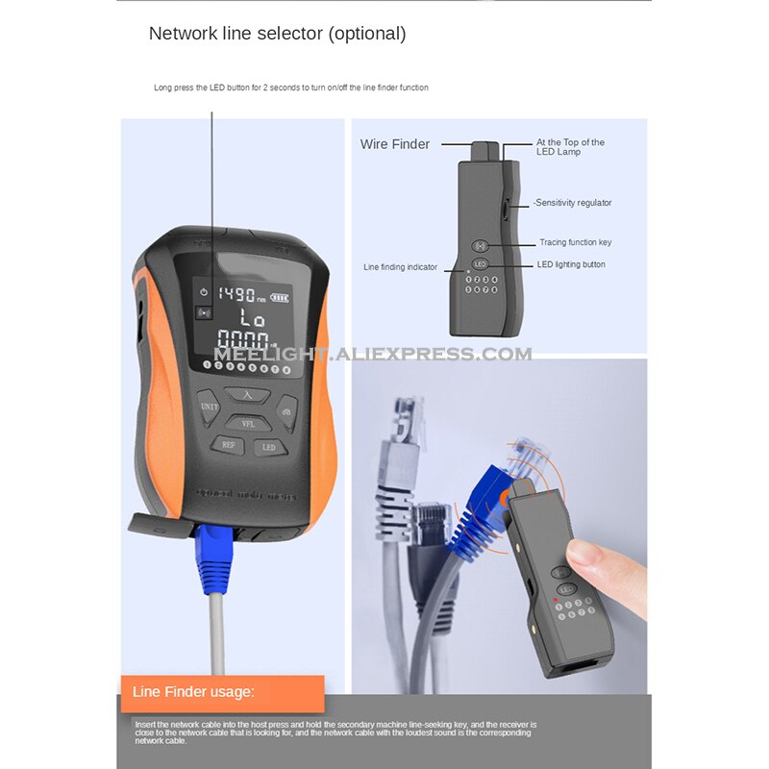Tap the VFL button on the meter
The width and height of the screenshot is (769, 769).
[247, 423]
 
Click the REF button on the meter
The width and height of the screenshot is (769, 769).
[228, 445]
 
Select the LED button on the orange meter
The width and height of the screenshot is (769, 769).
[269, 447]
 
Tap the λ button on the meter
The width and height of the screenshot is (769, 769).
[247, 394]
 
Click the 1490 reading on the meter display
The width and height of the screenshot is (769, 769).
[236, 295]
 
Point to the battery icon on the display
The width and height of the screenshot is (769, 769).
[280, 296]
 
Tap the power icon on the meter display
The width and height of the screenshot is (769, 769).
[204, 291]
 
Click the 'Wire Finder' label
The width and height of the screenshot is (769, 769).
[395, 144]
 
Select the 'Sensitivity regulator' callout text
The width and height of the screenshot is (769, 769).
[573, 203]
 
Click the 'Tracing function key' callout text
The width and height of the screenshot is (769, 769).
[576, 242]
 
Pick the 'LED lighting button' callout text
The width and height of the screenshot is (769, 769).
[573, 264]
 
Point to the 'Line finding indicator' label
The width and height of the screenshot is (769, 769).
[400, 267]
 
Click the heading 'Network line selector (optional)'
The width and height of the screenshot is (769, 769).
[277, 34]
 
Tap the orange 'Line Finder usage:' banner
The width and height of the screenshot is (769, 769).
[221, 692]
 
